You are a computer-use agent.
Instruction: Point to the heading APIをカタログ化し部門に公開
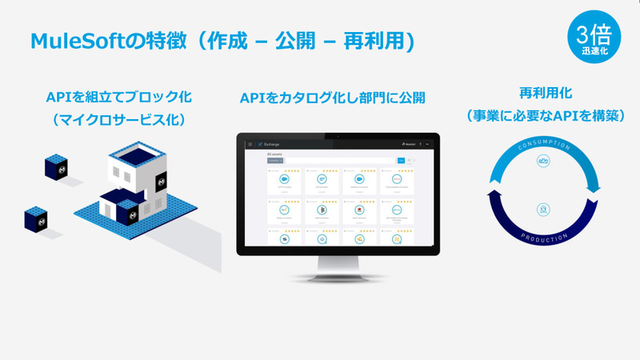click(332, 98)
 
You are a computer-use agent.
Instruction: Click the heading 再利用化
click(546, 93)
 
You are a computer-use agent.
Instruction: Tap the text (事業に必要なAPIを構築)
click(546, 116)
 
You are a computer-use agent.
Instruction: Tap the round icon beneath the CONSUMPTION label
click(544, 163)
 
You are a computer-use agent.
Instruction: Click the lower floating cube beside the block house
click(38, 219)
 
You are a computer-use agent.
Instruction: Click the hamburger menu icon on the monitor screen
click(250, 144)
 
